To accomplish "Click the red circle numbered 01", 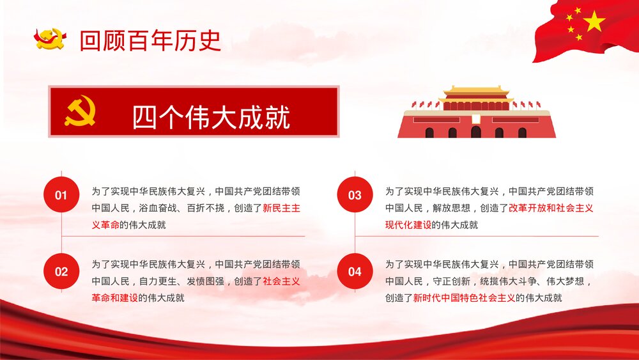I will click(x=61, y=195).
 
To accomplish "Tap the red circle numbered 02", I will click(x=61, y=271).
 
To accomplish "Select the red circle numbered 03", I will click(x=355, y=195).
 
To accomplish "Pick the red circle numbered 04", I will click(x=355, y=271).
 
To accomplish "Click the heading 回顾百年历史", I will click(x=150, y=40).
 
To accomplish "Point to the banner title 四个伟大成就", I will click(x=211, y=118).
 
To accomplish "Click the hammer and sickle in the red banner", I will click(x=80, y=111).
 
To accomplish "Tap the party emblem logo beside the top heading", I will click(x=50, y=39).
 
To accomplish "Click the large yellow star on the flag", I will click(x=594, y=22).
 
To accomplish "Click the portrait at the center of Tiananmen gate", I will click(x=476, y=119).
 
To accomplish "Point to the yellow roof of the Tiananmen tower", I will click(x=476, y=91).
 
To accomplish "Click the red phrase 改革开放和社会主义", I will click(x=551, y=208).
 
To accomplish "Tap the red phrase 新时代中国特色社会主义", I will click(x=464, y=297).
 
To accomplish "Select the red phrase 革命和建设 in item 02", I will click(x=115, y=297).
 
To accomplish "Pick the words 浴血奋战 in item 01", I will click(x=158, y=208).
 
